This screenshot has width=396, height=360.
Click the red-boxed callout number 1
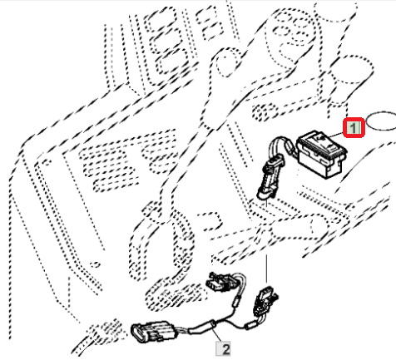[354, 128]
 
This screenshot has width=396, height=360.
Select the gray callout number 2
[223, 348]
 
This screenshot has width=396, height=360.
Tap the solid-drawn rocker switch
[321, 154]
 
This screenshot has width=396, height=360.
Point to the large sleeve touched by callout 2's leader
[202, 326]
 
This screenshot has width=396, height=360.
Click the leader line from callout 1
[335, 135]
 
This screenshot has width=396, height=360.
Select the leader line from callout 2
[217, 334]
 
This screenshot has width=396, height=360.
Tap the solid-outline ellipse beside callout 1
[381, 121]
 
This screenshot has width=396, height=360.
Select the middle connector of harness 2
[221, 282]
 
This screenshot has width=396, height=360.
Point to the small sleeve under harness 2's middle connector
[235, 301]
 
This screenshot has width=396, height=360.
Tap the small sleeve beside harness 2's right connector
[250, 324]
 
